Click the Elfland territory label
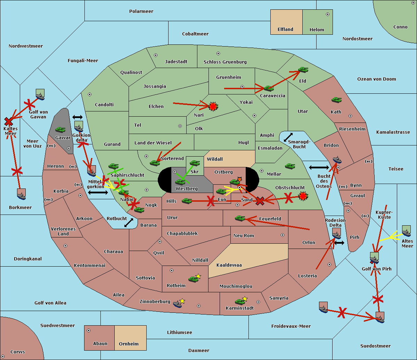pos(285,30)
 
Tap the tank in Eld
pos(303,70)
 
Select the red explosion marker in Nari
pos(213,106)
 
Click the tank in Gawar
pos(60,129)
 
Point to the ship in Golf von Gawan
pos(40,95)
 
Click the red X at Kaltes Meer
pos(8,122)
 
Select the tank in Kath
pos(336,100)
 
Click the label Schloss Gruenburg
pos(225,62)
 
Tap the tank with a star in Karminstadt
pos(240,301)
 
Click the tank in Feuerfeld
pos(240,218)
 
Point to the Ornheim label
pos(129,344)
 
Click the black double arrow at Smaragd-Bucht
pos(288,137)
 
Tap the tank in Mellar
pos(290,166)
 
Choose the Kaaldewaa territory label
pos(229,265)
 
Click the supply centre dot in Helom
pos(327,14)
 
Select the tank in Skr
pos(195,162)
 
